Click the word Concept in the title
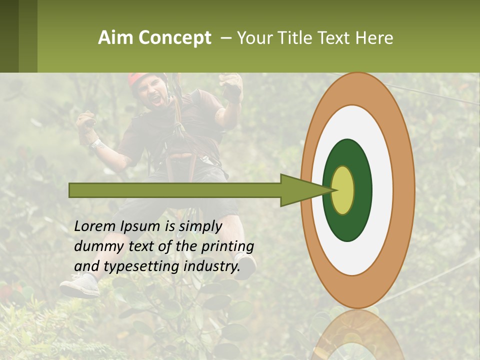(x=174, y=38)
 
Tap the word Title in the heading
(x=297, y=38)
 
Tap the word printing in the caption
(x=227, y=246)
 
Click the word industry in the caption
(x=212, y=266)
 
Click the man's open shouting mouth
(x=156, y=99)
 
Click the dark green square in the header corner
(x=9, y=36)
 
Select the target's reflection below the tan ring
(x=357, y=335)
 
